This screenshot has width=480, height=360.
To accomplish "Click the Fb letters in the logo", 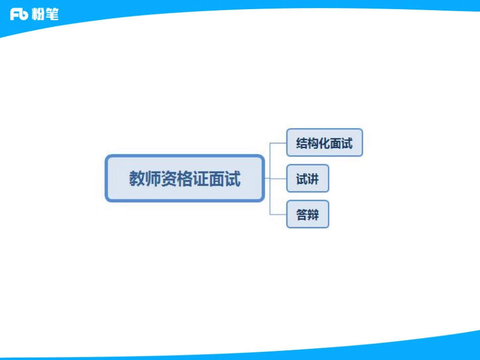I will click(x=19, y=15).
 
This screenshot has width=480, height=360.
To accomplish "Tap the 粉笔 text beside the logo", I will click(x=45, y=15).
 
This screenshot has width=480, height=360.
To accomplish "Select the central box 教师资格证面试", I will click(x=184, y=178).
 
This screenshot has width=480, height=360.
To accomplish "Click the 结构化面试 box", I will click(x=324, y=143).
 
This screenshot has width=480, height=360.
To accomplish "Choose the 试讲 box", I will click(x=307, y=178).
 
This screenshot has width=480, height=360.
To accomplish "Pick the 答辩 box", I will click(x=307, y=215).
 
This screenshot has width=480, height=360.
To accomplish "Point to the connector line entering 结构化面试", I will click(x=278, y=143).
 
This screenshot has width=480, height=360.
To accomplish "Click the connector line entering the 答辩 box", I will click(x=278, y=215).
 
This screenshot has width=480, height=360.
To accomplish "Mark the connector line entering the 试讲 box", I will click(x=278, y=178).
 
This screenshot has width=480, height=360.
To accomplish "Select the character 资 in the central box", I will click(x=169, y=179).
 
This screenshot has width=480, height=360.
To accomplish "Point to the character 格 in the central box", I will click(x=184, y=179).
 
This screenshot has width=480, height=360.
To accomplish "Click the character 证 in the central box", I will click(x=201, y=179).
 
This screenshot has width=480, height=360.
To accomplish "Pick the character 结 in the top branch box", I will click(x=302, y=143).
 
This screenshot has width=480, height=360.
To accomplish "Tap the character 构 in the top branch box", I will click(x=313, y=143).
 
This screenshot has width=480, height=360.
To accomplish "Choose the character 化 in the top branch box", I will click(x=324, y=143).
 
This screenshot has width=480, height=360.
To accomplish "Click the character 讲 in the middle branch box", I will click(x=313, y=179).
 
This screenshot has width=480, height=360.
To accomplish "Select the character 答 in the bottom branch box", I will click(x=302, y=215).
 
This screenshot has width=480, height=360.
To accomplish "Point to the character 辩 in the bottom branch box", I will click(x=313, y=215).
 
